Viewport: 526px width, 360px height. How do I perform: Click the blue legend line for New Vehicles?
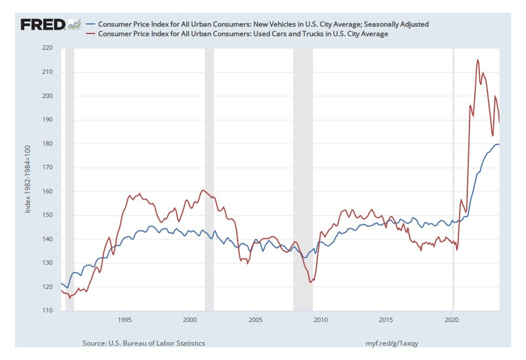tap(90, 24)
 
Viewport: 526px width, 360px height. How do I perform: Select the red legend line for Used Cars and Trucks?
tap(90, 34)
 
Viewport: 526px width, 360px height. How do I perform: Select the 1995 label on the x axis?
tap(125, 319)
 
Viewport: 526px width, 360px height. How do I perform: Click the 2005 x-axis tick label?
tap(256, 319)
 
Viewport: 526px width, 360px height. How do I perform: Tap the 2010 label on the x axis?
tap(321, 319)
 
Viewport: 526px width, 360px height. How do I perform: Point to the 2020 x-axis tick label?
tap(452, 319)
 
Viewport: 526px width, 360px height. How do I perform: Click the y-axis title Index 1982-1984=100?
tap(28, 179)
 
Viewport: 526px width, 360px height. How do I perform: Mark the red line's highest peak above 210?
tap(478, 59)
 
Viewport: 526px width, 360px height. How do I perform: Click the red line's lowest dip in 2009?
tap(311, 282)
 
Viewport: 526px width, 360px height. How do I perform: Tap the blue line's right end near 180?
tap(499, 144)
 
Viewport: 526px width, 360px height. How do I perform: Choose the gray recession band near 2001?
tap(209, 179)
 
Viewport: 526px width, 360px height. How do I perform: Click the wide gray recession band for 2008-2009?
tap(303, 179)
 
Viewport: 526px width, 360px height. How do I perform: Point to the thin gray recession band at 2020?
tap(453, 179)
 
